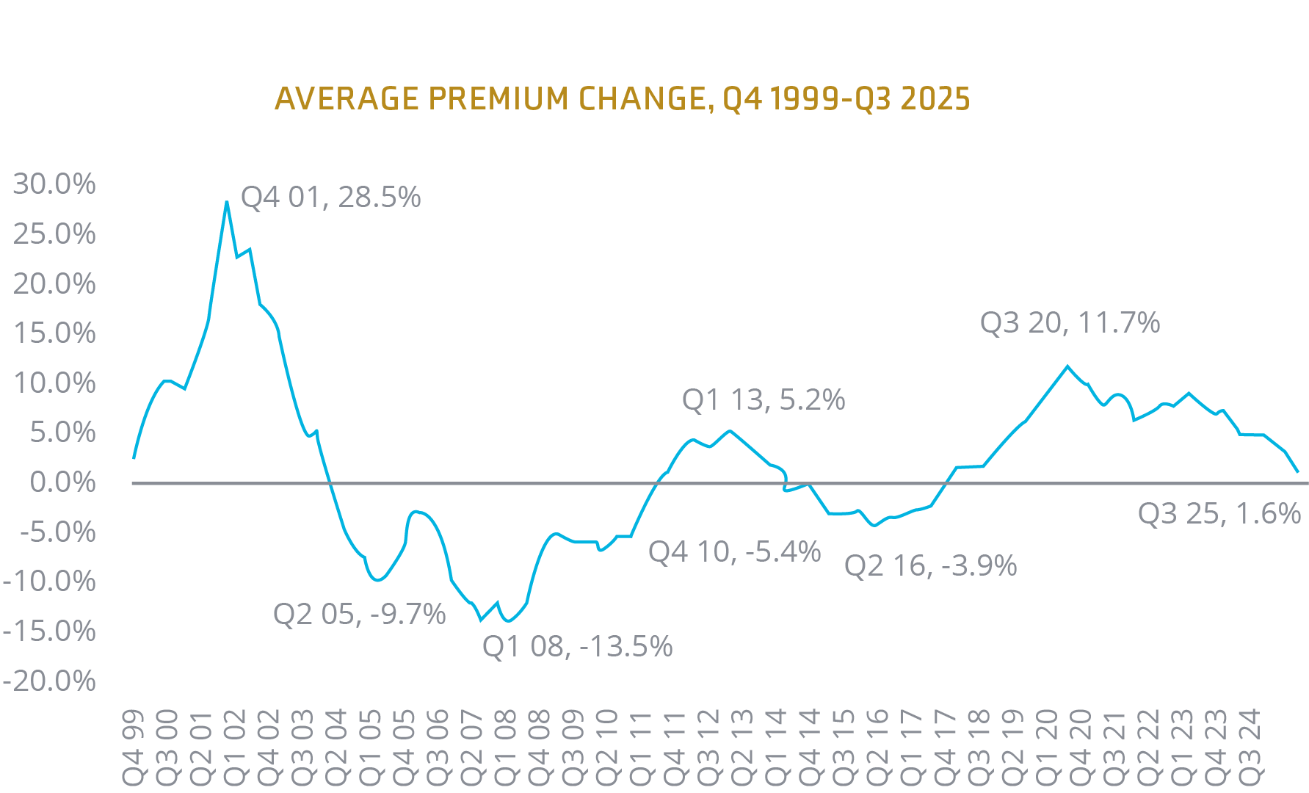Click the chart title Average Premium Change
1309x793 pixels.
pos(622,98)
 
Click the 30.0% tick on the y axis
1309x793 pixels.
pos(54,184)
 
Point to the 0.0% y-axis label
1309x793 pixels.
pos(62,482)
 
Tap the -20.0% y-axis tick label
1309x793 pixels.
pos(49,681)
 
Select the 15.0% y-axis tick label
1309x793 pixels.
pos(54,333)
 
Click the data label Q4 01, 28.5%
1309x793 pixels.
pos(330,198)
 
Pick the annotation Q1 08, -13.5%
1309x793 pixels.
pos(577,647)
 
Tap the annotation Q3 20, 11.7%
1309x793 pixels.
pos(1070,323)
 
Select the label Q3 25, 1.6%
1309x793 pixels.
pos(1219,514)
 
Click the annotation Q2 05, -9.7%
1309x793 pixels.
pos(359,614)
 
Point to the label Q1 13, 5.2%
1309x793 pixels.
pos(764,400)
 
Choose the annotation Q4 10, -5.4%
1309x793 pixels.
pos(734,552)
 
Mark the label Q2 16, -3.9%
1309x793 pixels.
pos(930,566)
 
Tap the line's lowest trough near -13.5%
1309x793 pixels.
pos(482,620)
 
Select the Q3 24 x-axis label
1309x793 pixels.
pos(1250,746)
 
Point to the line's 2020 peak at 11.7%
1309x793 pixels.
pos(1067,366)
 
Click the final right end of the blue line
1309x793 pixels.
pos(1298,471)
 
